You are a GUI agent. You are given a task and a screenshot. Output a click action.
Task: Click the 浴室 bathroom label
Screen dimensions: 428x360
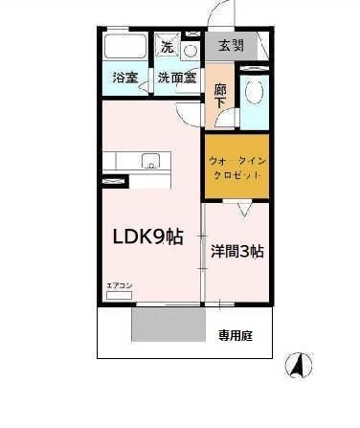tap(124, 78)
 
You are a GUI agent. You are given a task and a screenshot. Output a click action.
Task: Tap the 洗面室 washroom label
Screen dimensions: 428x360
tap(177, 78)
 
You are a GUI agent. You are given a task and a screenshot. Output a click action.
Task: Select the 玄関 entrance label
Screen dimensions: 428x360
tap(231, 46)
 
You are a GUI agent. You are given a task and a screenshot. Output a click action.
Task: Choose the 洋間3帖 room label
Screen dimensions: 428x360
tap(236, 251)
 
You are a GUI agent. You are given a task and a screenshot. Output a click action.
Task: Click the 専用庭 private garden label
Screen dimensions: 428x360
tap(234, 335)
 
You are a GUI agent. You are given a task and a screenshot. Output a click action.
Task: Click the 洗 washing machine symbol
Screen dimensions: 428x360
tap(168, 46)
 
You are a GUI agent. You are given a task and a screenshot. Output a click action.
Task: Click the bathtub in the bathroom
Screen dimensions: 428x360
tap(124, 48)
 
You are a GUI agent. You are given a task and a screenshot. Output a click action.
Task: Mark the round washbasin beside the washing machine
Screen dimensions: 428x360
tap(190, 50)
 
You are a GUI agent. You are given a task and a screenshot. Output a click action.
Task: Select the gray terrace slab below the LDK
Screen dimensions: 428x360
tap(168, 325)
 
